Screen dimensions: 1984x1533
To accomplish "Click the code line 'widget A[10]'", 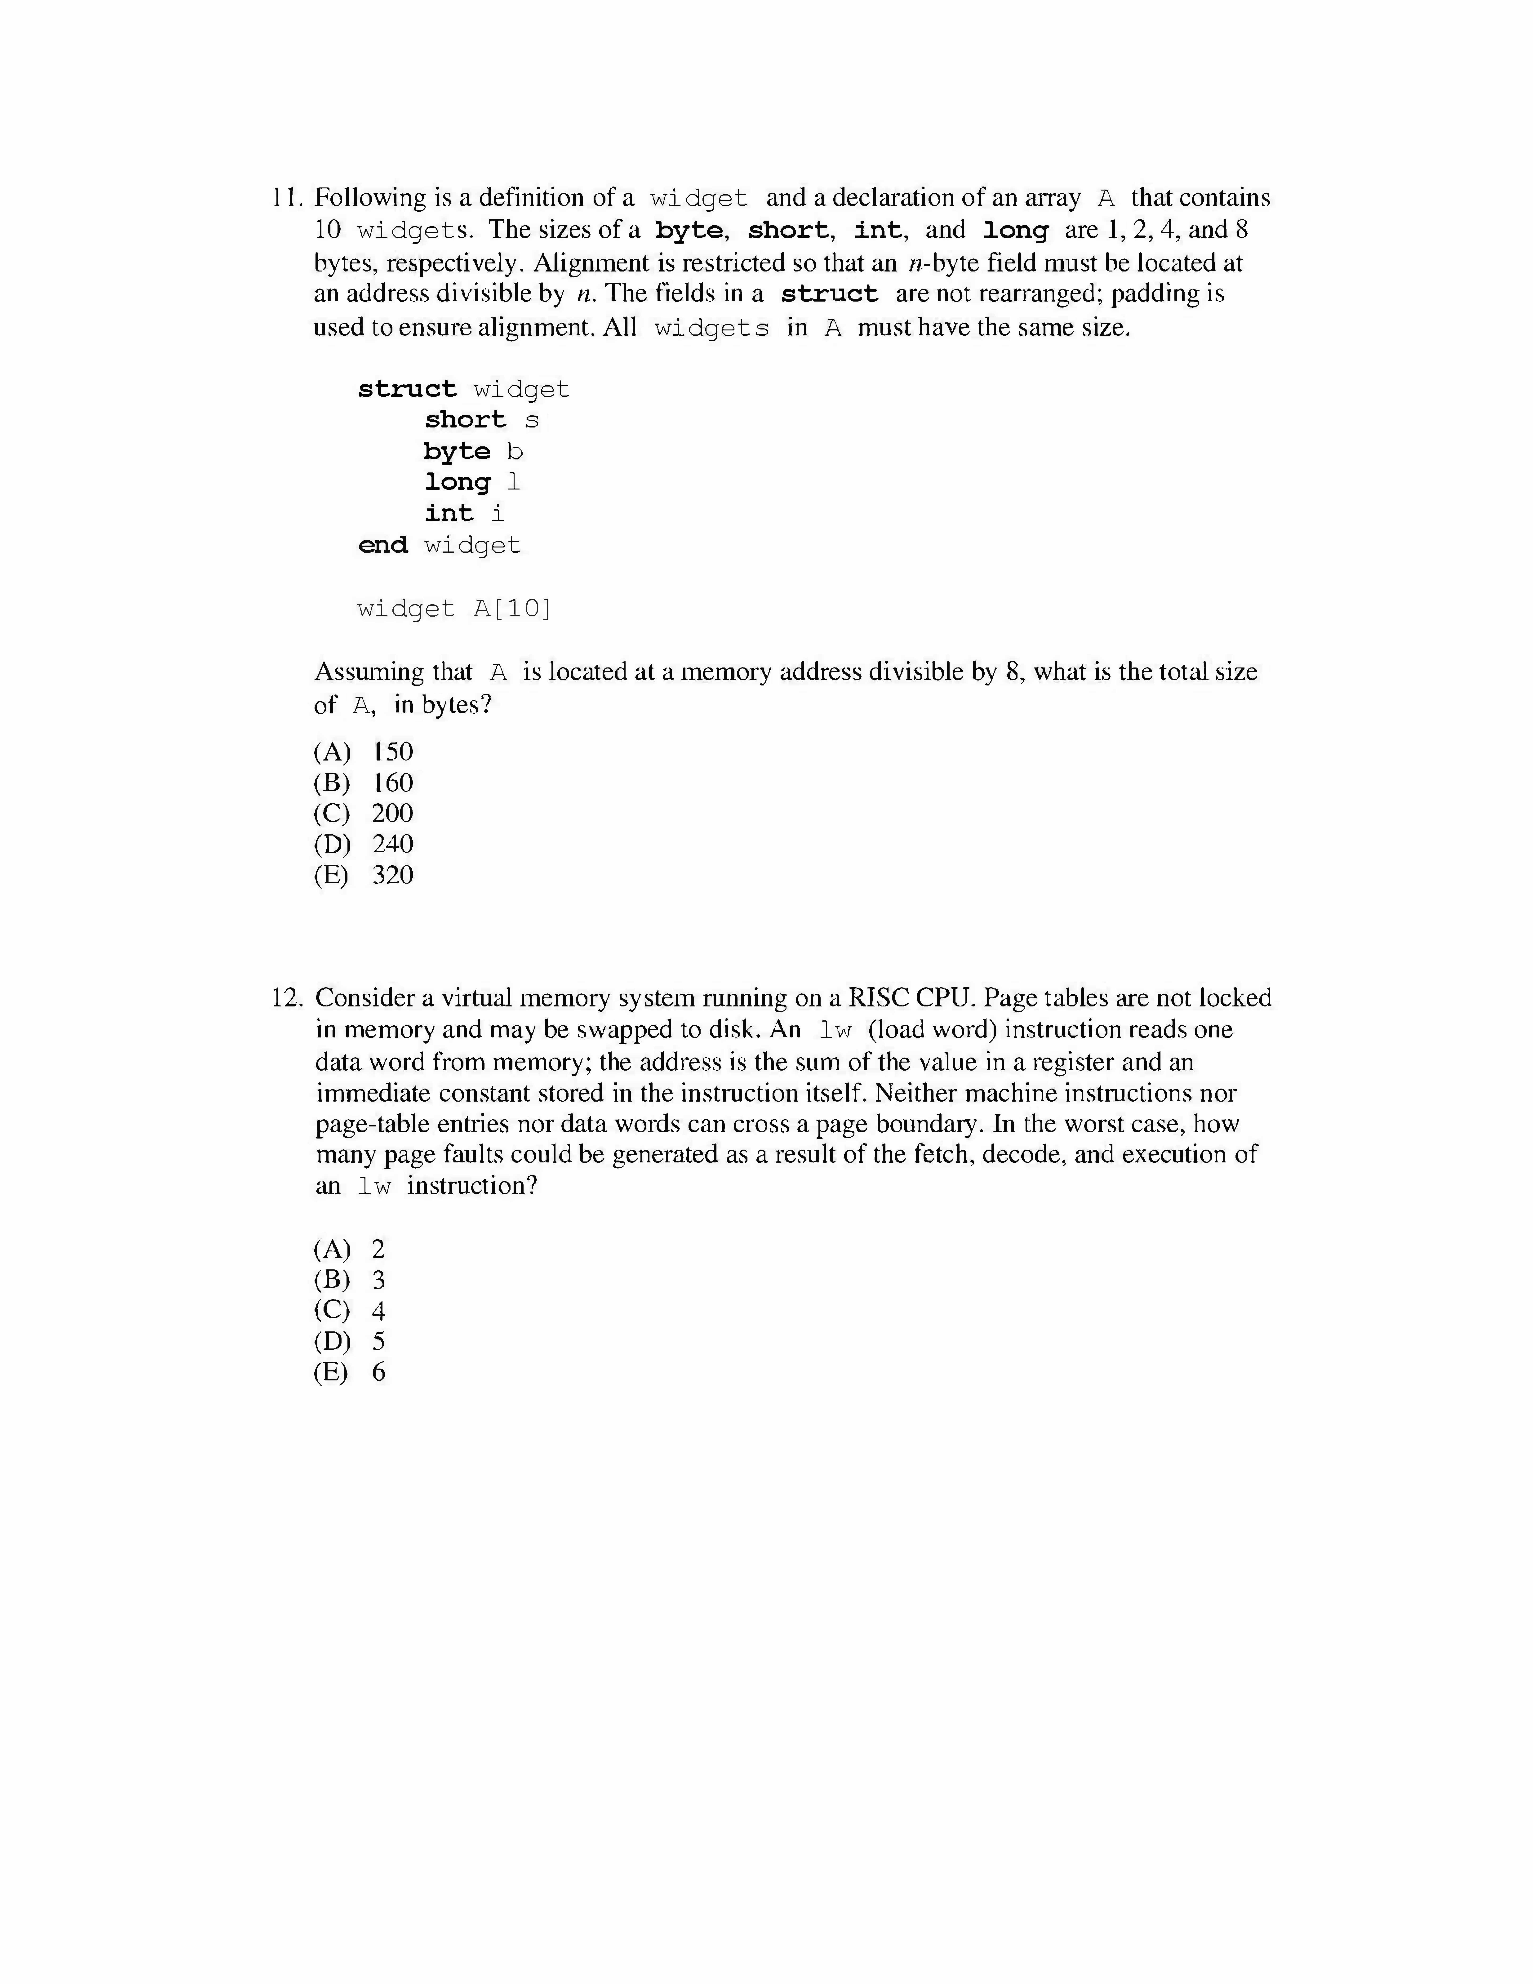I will coord(454,609).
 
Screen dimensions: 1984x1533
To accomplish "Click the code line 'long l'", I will coord(472,482).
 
